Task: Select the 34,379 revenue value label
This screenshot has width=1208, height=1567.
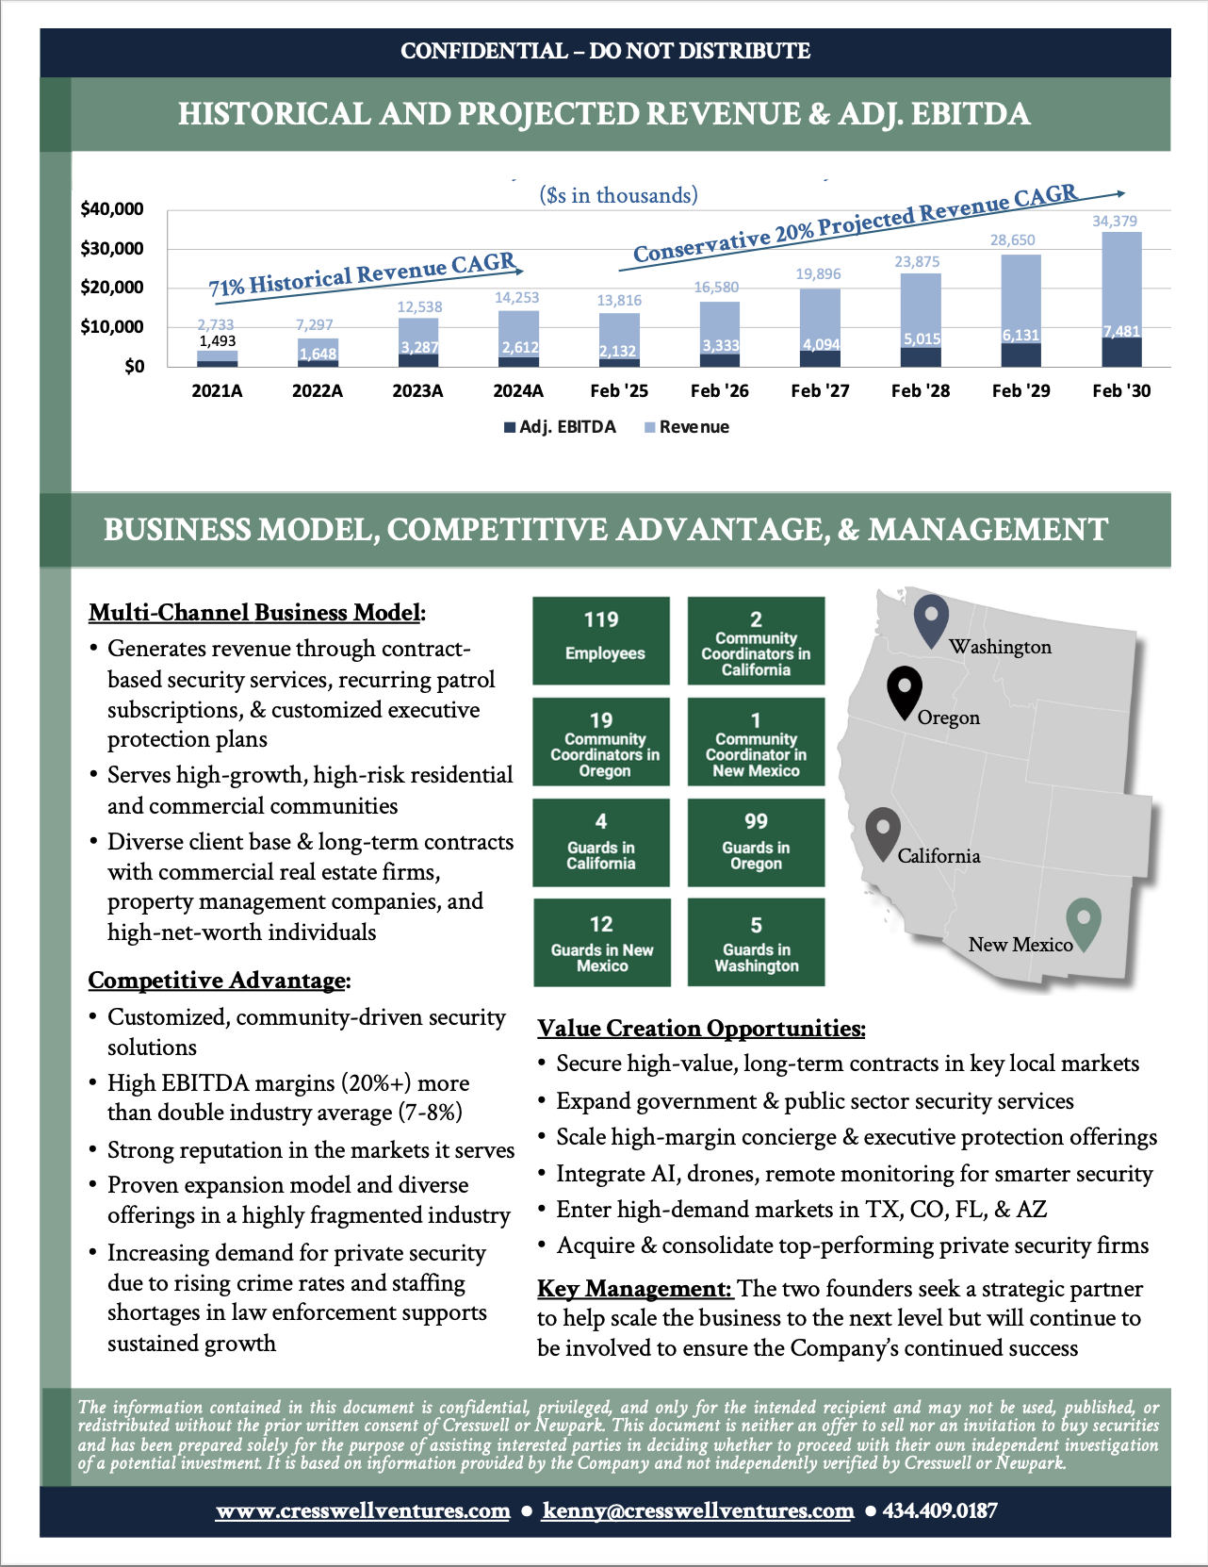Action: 1115,222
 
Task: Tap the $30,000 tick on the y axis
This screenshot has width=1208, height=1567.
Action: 112,249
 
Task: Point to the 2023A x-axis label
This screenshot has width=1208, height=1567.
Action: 417,390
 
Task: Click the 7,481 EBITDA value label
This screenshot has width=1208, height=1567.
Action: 1121,332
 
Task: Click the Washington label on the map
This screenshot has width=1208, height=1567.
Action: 1000,647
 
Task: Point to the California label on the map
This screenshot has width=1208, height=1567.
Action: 939,856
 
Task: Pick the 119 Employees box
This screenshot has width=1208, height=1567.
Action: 601,640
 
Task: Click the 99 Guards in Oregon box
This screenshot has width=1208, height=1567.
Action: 756,843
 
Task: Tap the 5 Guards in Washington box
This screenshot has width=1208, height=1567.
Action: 756,943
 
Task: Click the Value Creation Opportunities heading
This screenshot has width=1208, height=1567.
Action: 701,1028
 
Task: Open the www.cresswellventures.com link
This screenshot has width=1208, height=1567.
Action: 363,1510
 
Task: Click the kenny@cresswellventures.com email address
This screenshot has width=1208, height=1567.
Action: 698,1510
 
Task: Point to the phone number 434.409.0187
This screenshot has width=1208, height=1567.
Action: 939,1510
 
